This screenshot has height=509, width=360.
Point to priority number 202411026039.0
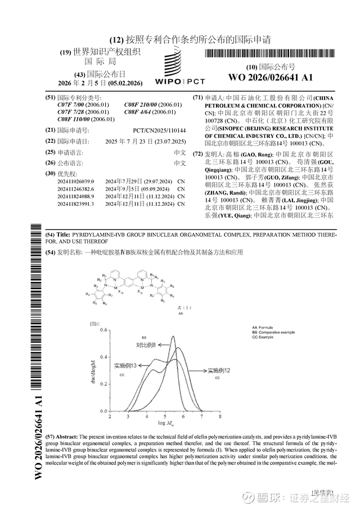point(75,182)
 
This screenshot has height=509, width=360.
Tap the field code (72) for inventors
point(197,154)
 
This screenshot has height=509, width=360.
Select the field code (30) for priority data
point(50,174)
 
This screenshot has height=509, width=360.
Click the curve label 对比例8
point(145,345)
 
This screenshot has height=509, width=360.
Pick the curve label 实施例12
point(218,371)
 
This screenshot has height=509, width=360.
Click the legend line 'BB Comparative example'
point(273,332)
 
